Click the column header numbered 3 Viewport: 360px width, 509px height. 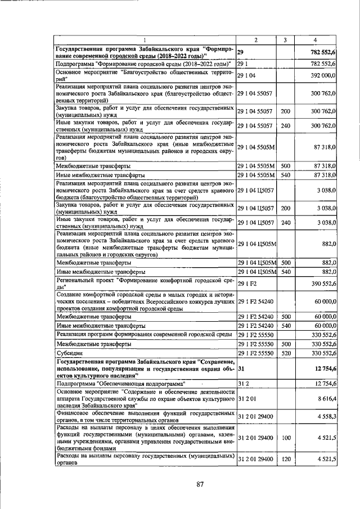coord(285,40)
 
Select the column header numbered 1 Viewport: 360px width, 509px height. coord(144,40)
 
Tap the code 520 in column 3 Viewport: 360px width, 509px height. coord(285,354)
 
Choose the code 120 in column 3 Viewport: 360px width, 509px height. coord(285,460)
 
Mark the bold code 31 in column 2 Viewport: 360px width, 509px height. coord(241,368)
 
